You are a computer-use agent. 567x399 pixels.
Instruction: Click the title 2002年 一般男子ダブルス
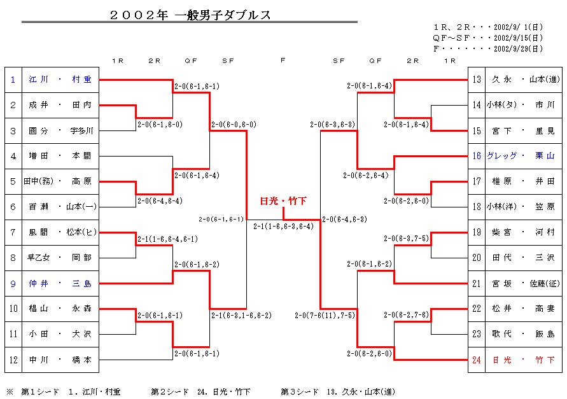pos(190,15)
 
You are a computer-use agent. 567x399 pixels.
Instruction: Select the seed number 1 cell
pos(13,80)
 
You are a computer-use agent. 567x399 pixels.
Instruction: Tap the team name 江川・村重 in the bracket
pos(60,80)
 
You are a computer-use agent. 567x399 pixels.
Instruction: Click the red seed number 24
pos(477,360)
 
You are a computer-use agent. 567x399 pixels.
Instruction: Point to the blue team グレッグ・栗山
pos(521,156)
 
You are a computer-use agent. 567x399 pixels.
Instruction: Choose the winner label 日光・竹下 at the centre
pos(283,200)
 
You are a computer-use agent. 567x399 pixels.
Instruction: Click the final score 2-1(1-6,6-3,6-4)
pos(283,227)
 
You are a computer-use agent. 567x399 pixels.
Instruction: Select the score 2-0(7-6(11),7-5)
pos(325,316)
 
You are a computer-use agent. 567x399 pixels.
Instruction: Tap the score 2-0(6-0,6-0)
pos(234,125)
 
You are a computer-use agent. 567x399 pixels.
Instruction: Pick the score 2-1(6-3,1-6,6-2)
pos(241,316)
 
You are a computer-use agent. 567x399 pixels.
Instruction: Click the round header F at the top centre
pos(283,60)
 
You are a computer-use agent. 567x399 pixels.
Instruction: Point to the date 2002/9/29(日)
pos(518,48)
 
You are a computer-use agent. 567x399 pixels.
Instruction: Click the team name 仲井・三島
pos(60,284)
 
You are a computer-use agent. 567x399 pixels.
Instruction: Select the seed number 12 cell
pos(13,360)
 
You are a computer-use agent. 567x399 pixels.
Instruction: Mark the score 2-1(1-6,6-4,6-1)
pos(167,239)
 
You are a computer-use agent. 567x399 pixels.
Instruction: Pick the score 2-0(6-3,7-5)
pos(406,239)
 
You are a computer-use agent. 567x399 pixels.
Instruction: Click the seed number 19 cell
pos(477,233)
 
